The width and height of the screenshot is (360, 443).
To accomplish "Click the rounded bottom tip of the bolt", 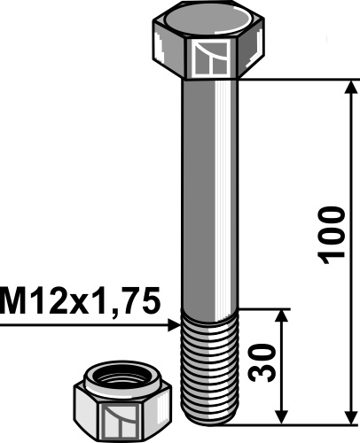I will (x=211, y=418).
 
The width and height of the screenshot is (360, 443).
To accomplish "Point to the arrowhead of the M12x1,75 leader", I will (x=174, y=327).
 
